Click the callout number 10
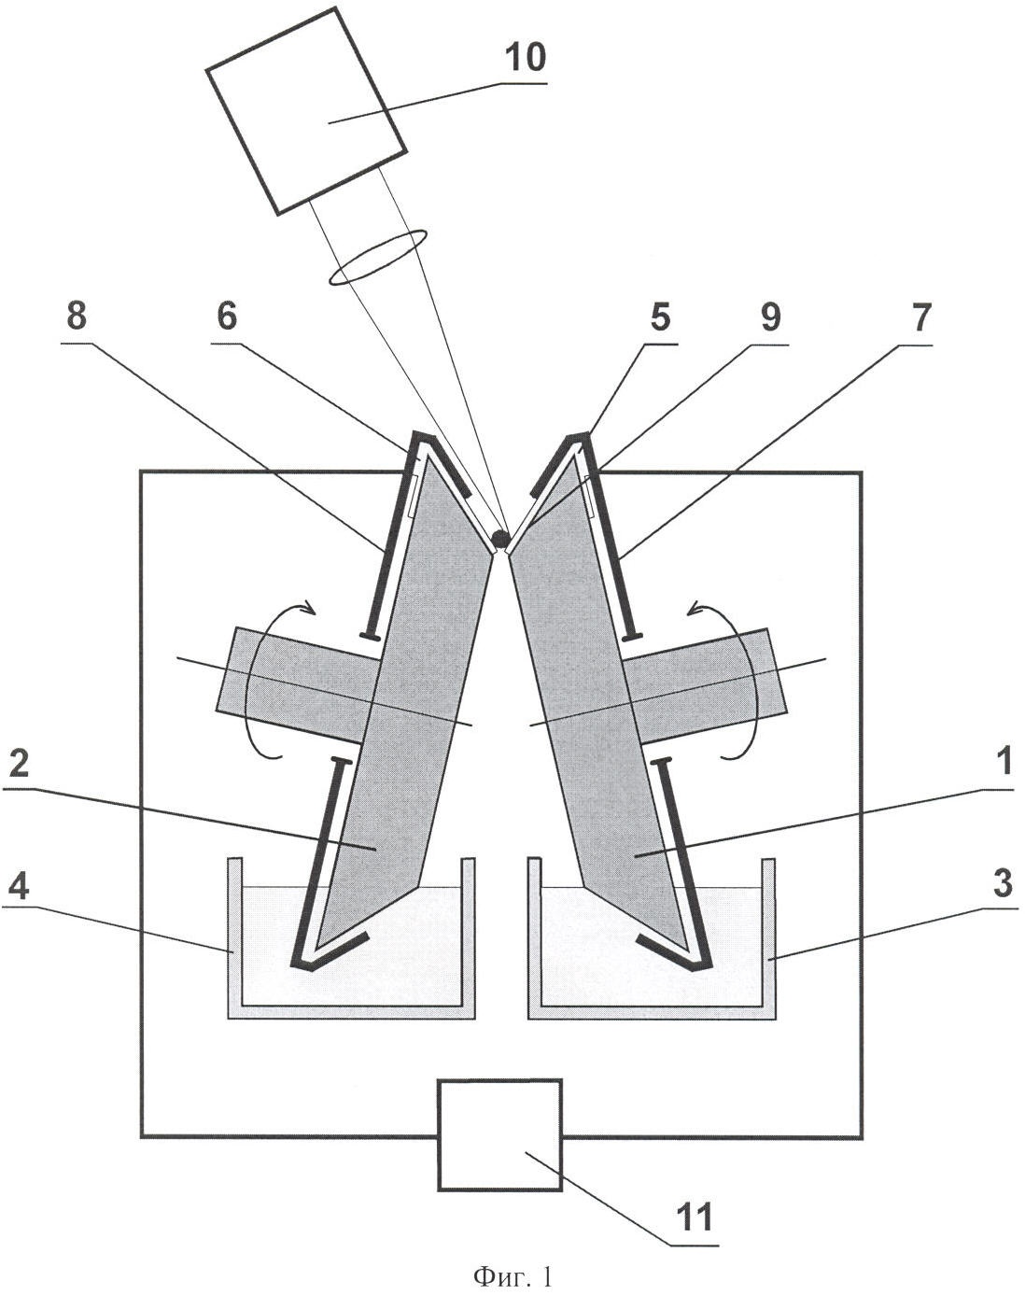525,59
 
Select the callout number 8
77,316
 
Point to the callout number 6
227,316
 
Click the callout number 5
661,316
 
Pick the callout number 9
770,316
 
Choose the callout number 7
920,316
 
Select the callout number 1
1003,763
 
